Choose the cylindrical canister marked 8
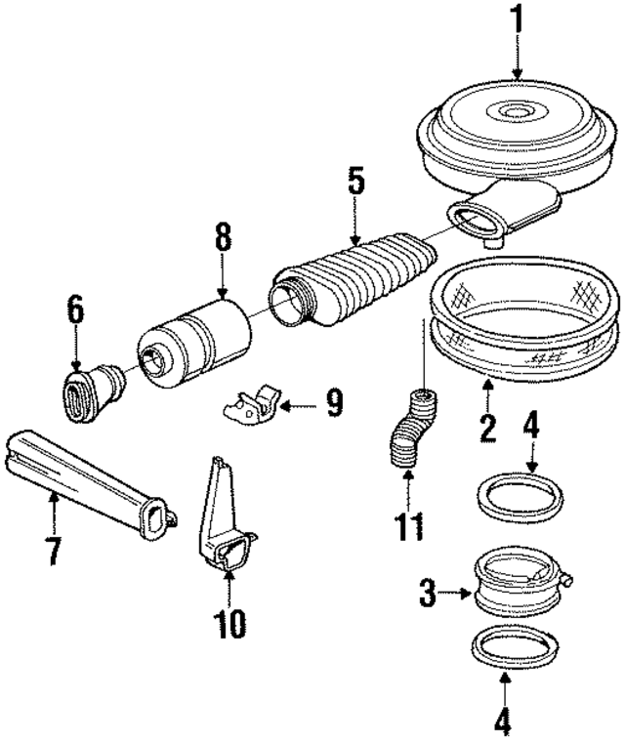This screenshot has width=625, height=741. pyautogui.click(x=196, y=337)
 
